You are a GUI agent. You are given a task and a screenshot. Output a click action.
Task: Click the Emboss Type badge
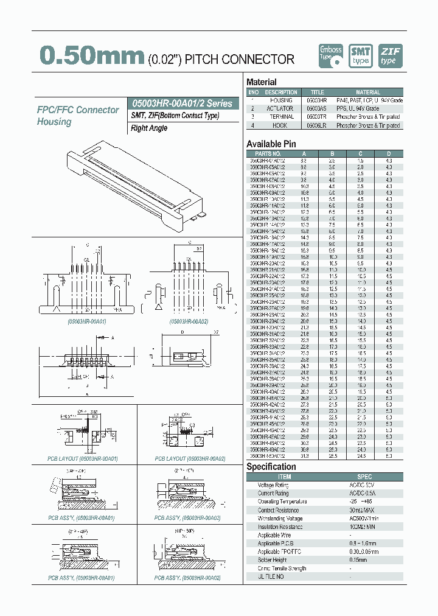click(331, 56)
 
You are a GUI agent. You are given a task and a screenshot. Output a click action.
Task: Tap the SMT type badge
click(361, 56)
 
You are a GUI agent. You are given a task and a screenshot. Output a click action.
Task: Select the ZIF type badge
click(389, 56)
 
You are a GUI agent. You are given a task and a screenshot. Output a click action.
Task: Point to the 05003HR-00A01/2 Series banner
click(181, 103)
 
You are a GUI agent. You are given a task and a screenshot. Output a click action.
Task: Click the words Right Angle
click(149, 128)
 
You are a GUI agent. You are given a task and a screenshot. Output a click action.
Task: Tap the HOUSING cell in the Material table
click(281, 100)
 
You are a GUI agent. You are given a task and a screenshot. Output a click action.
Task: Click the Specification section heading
click(271, 467)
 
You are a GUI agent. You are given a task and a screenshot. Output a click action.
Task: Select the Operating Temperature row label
click(282, 502)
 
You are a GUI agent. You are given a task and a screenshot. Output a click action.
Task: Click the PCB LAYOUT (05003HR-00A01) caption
click(83, 458)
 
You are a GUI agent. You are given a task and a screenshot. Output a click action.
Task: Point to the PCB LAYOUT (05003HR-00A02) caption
click(187, 458)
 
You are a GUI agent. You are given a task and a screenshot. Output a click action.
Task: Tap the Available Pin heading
click(271, 144)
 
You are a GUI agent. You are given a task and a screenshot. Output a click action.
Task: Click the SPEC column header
click(364, 477)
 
